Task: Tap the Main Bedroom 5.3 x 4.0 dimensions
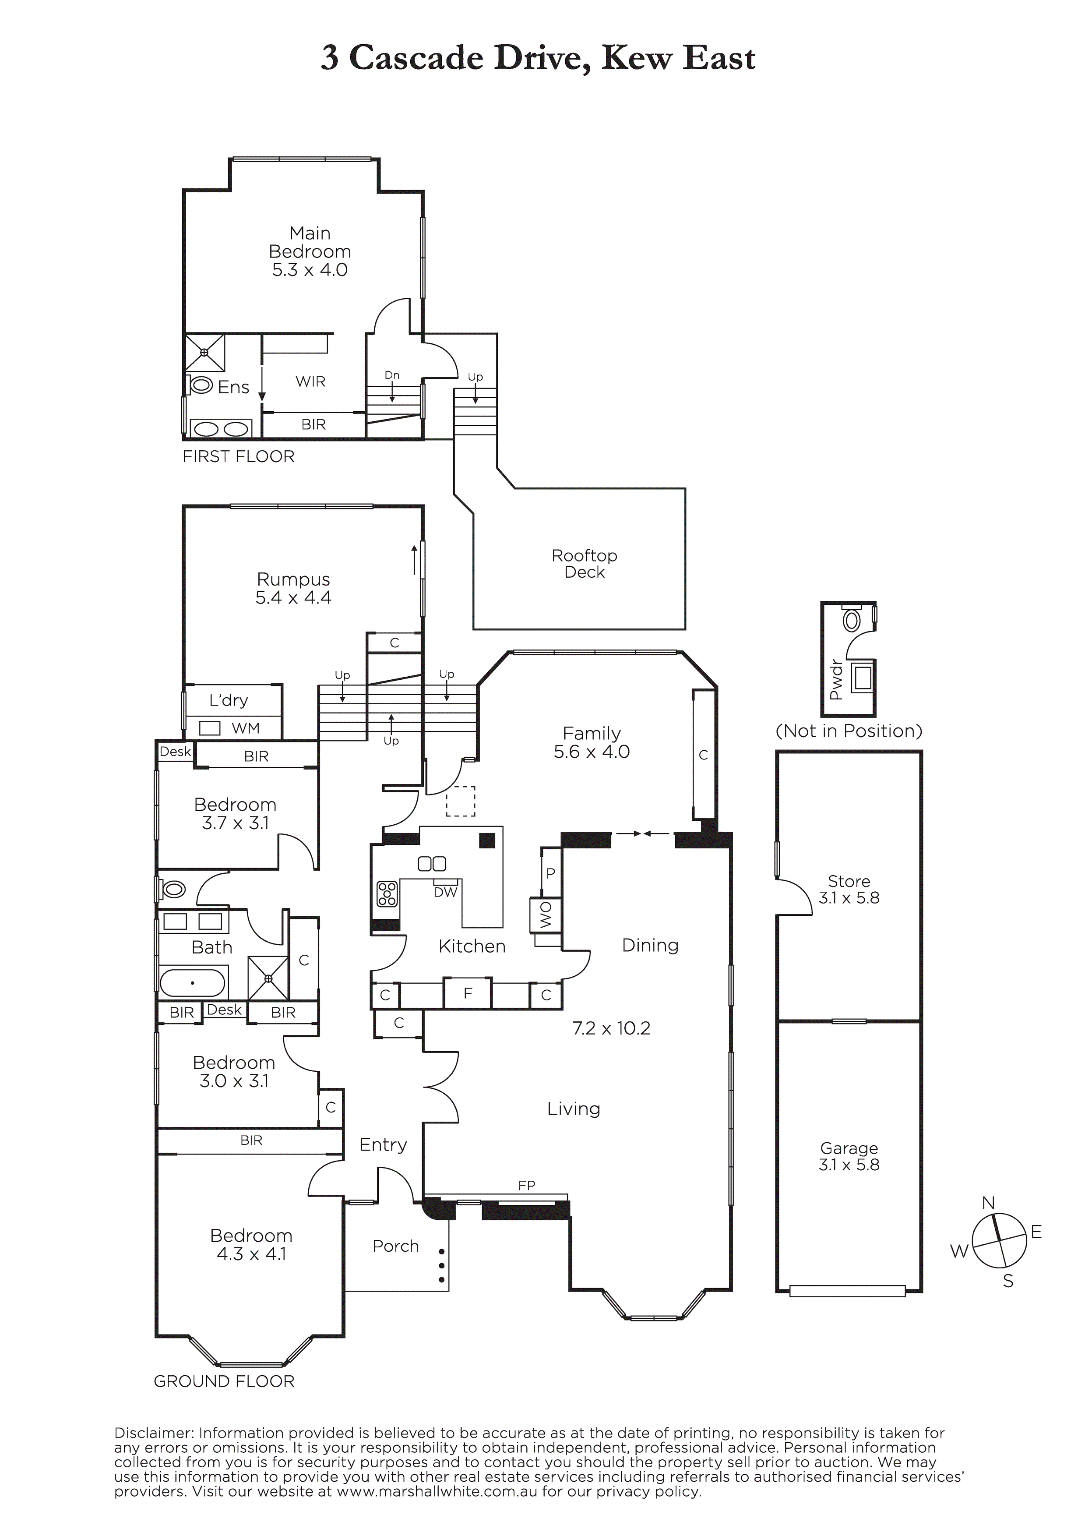[x=310, y=270]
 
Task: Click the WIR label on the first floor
[x=310, y=381]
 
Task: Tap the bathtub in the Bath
[x=193, y=983]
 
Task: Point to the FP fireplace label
[x=526, y=1186]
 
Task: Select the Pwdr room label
[x=835, y=680]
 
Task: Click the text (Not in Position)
[x=848, y=731]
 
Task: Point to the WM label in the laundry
[x=246, y=728]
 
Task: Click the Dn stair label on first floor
[x=392, y=375]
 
